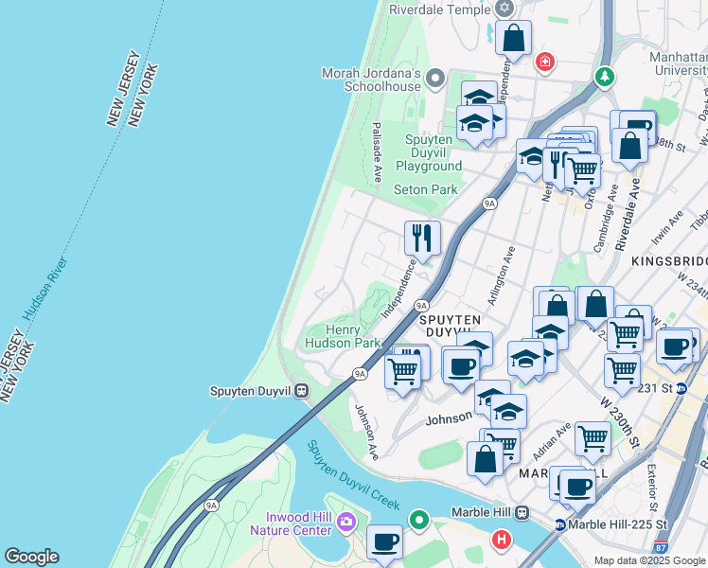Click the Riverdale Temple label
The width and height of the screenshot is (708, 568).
click(x=439, y=9)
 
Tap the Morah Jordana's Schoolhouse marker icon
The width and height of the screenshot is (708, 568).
click(x=435, y=78)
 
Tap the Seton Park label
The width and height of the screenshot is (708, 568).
click(x=426, y=189)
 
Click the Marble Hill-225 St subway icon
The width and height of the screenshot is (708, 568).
click(x=560, y=524)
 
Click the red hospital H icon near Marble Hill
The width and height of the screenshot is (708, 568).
click(x=502, y=540)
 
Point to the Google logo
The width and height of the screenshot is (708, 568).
click(x=30, y=557)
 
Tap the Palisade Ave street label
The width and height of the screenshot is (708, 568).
click(x=377, y=151)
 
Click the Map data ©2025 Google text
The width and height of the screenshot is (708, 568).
click(x=649, y=560)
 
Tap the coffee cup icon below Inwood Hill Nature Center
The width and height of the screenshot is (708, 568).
click(x=384, y=541)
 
